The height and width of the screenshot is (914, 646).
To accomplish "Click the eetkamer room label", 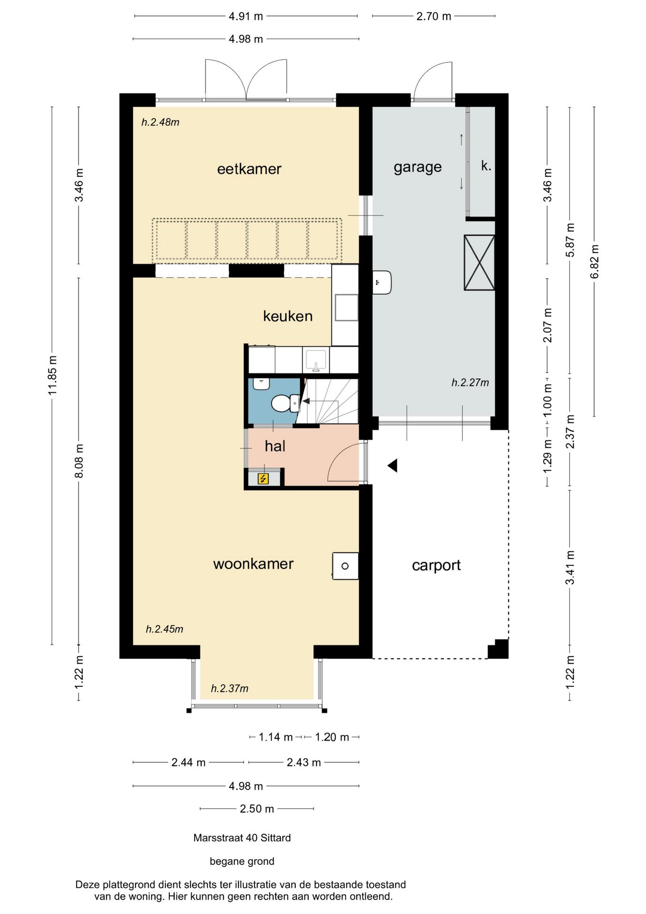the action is pos(249,169).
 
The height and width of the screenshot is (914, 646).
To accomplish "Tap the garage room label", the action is pos(418,168).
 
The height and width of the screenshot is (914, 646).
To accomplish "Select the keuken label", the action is pos(288,316).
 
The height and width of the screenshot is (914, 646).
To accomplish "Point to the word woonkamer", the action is pos(253,564).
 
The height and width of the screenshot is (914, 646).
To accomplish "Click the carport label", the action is pos(436,566).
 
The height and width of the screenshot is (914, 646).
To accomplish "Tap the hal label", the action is pos(275,446).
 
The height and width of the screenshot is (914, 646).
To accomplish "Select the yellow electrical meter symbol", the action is pos(263,478).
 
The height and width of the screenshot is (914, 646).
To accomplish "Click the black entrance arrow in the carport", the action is pos(392,466).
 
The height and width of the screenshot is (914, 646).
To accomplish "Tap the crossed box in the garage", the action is pos(480,262).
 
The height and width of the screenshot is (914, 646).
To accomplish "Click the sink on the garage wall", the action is pos(382,282).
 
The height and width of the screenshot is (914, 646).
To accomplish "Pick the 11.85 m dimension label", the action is pos(52,375).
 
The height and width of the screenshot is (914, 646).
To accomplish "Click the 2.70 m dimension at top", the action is pos(434,16).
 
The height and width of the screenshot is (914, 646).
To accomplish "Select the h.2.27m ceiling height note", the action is pos(470,382).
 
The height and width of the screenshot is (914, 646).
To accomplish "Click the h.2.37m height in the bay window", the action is pos(229,688).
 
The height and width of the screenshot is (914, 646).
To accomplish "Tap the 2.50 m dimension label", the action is pos(257,809).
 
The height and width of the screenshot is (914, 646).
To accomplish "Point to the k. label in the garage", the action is pos(486,166).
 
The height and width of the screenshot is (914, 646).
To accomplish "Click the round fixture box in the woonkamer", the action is pos(345,566).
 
